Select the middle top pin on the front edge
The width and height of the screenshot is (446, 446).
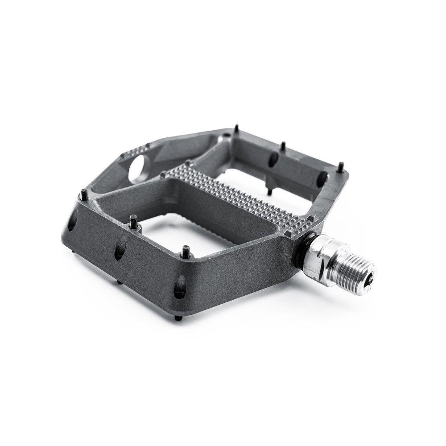pyautogui.click(x=133, y=220)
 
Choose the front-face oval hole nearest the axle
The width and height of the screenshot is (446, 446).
pyautogui.click(x=180, y=286)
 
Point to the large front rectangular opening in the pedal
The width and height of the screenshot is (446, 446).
pyautogui.click(x=187, y=219)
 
